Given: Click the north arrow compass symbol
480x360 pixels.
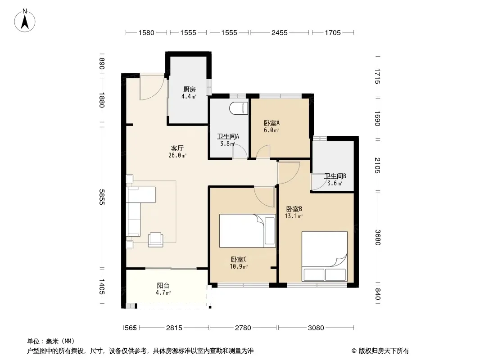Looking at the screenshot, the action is pos(25,21).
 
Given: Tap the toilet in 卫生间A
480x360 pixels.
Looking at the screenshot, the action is pos(239,108).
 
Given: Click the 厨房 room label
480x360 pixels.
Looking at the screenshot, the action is pos(190,89).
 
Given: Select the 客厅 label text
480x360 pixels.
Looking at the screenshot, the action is pos(177,148).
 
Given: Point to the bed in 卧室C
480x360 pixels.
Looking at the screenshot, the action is pos(247,230).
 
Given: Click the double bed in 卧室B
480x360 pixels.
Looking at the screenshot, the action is pos(325,256).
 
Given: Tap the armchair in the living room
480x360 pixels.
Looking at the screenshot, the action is pos(155,239).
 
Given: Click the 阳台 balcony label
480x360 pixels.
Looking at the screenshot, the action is pos(163,285).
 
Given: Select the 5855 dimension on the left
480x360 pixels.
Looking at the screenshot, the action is pos(102,197).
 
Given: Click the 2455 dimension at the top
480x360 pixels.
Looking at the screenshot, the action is pos(280,32).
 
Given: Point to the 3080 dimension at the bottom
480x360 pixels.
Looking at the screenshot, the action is pos(316,328).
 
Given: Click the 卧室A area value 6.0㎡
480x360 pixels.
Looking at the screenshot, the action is pos(271,130).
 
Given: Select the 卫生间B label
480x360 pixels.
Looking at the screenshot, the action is pos(335,176).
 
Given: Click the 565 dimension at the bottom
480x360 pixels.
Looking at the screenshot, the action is pos(131,328).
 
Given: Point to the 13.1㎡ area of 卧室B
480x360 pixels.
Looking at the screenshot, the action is pos(294,216).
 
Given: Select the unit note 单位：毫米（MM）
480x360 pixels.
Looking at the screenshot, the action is pos(51,342).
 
